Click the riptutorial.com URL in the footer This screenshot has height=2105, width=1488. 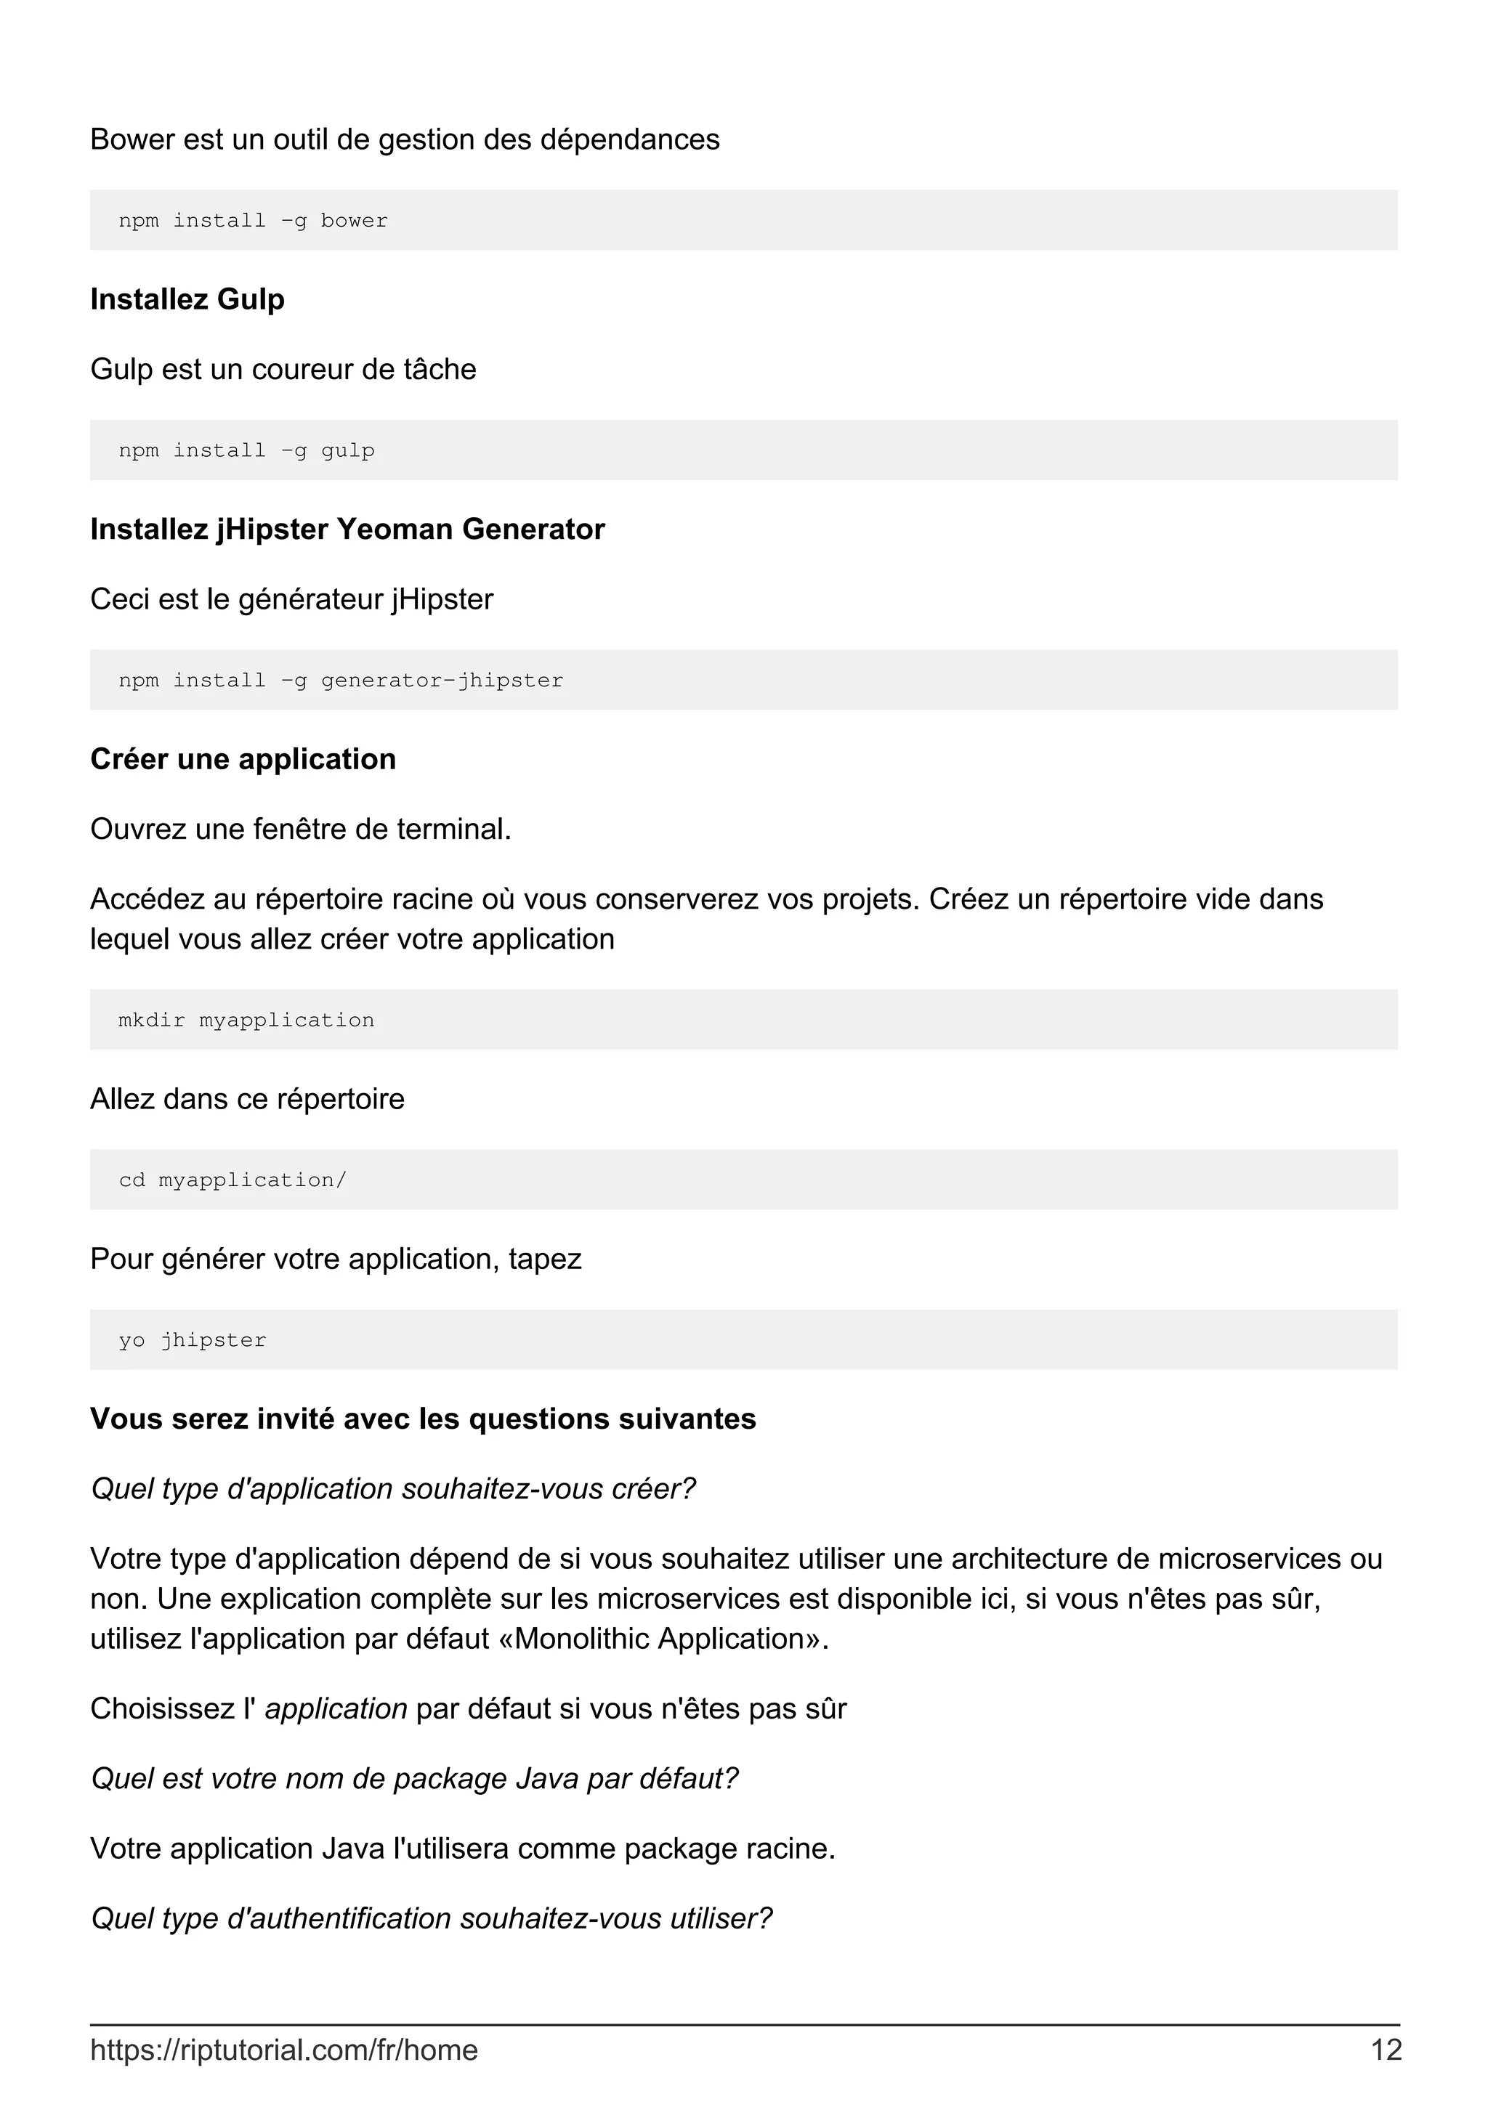tap(283, 2049)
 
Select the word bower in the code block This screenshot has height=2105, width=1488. tap(354, 221)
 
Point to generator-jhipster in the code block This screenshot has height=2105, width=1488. tap(442, 681)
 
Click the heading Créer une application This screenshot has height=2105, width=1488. tap(243, 759)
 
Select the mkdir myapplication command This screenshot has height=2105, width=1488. tap(246, 1021)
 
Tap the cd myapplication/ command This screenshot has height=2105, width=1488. tap(232, 1180)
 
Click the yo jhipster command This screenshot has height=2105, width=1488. tap(193, 1340)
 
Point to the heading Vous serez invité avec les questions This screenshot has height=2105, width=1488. tap(423, 1419)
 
